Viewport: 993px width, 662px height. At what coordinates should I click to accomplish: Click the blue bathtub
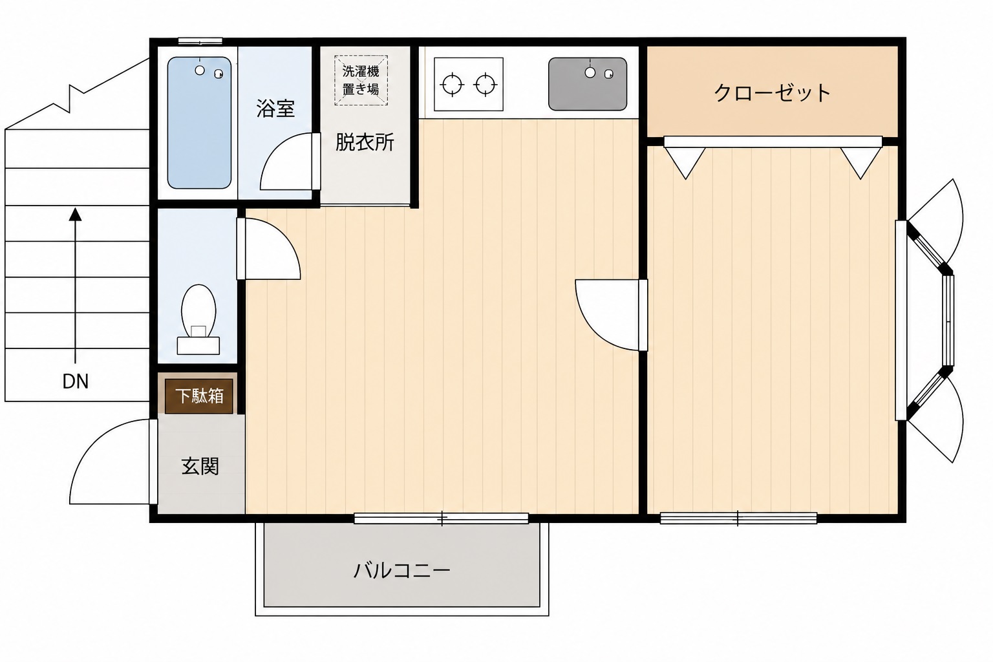(x=199, y=122)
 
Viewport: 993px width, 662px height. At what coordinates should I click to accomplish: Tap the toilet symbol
(x=198, y=319)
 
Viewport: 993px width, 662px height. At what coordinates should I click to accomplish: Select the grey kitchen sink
(x=588, y=84)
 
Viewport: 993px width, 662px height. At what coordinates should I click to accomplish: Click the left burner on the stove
(x=452, y=84)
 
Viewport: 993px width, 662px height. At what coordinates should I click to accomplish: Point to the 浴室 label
(x=275, y=108)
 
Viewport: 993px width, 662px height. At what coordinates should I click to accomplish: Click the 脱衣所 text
(x=365, y=142)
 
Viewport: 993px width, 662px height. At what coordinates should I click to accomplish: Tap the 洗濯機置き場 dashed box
(x=361, y=80)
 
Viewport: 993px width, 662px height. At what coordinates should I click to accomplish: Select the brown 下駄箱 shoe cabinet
(x=199, y=396)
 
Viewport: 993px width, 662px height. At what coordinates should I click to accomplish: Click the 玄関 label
(x=200, y=467)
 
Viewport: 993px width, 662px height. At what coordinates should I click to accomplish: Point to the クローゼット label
(x=772, y=93)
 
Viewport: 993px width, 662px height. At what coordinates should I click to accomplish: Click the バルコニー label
(x=401, y=570)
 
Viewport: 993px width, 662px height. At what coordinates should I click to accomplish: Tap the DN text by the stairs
(x=76, y=382)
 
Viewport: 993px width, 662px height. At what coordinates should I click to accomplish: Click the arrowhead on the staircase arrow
(x=76, y=214)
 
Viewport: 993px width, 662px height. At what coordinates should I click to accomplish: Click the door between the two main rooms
(x=611, y=315)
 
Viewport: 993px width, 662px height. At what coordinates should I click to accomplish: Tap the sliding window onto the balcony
(x=441, y=518)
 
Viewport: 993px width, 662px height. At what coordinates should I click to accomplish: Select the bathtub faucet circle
(x=200, y=70)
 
